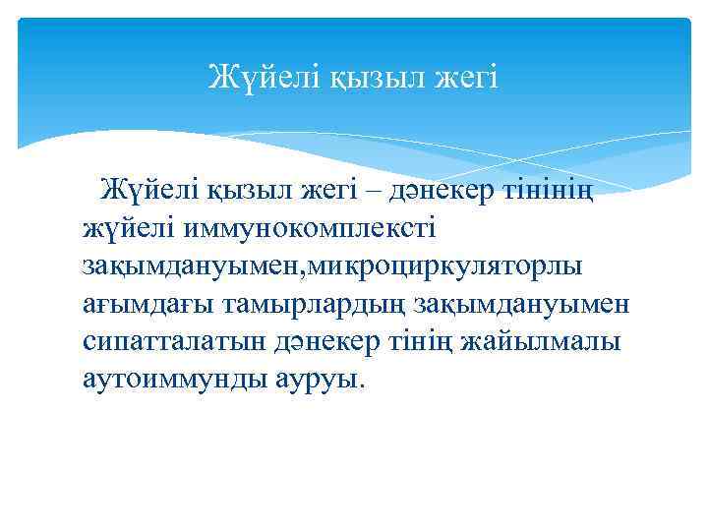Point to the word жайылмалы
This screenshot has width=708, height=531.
click(544, 342)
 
